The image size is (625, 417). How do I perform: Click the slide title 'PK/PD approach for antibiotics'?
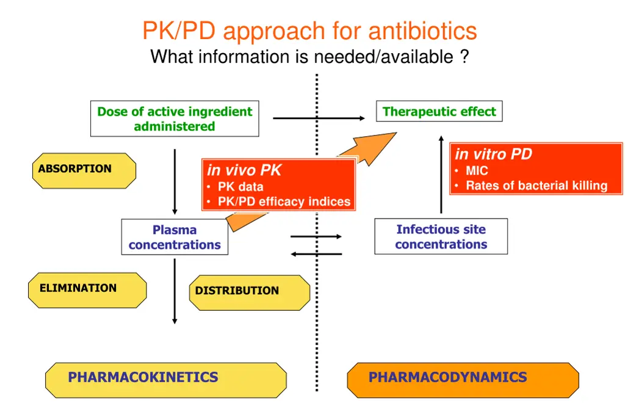[309, 31]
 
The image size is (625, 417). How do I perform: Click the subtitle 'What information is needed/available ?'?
[309, 57]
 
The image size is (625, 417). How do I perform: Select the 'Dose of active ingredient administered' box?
[175, 118]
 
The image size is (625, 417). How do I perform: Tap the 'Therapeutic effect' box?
[439, 111]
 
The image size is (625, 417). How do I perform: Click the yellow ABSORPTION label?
[83, 170]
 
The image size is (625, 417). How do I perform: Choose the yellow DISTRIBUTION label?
[249, 292]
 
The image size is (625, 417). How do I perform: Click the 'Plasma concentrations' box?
[175, 237]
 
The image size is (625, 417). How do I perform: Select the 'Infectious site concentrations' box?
[441, 236]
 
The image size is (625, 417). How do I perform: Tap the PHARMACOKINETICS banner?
[165, 379]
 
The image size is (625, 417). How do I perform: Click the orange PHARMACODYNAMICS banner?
[463, 379]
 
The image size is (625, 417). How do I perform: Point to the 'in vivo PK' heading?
[244, 170]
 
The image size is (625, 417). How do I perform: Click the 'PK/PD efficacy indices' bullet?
[284, 201]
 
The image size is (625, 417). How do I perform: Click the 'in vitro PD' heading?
[493, 154]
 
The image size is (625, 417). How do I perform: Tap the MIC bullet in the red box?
[477, 171]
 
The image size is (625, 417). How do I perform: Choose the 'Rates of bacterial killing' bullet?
[536, 186]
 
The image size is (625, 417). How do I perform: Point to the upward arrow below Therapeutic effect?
[441, 174]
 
